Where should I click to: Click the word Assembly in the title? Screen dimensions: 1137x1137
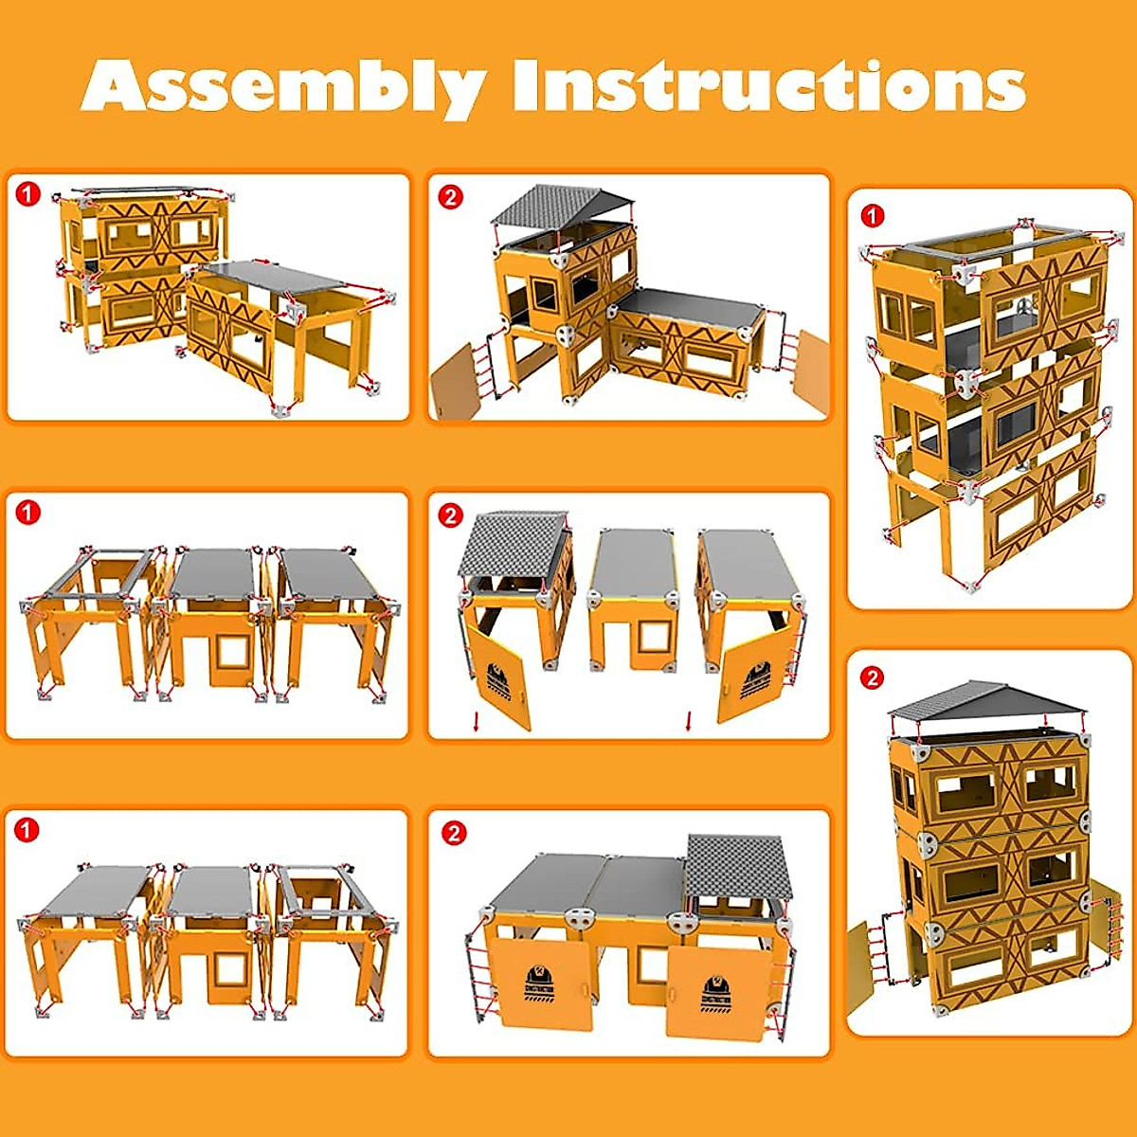[x=284, y=87]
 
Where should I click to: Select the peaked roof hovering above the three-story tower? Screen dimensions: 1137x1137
[x=985, y=702]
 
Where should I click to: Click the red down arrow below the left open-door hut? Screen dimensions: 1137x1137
[x=477, y=723]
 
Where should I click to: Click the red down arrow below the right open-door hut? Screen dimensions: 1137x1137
[x=689, y=721]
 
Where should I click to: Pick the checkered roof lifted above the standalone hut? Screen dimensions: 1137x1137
[x=514, y=545]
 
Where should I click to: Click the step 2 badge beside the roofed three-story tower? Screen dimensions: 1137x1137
[x=872, y=677]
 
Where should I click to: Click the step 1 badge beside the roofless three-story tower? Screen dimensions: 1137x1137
[x=872, y=216]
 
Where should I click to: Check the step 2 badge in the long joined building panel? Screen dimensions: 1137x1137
[x=454, y=833]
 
